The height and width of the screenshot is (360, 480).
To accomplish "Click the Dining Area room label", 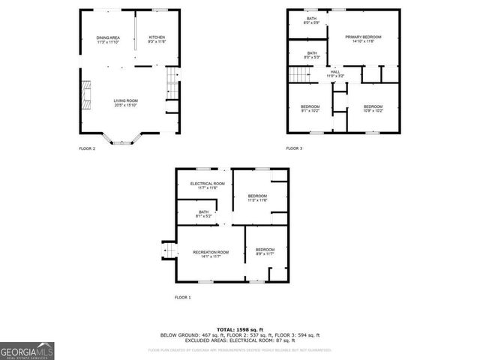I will point(108,40).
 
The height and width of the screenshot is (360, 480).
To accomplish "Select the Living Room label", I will point(125,103).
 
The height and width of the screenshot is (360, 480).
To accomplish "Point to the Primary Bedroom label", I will point(363,39).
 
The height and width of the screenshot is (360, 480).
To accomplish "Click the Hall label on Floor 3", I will point(335,73).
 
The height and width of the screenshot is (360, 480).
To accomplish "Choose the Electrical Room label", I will point(207,186).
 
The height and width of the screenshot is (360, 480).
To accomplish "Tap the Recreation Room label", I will point(210,254).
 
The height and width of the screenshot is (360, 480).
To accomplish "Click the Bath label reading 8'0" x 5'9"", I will point(311,20).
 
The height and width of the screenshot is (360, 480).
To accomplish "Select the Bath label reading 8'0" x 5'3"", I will point(311,55).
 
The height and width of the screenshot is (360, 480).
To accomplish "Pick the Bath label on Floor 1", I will point(204,214).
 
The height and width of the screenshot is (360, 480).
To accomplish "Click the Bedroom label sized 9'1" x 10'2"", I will point(310,109).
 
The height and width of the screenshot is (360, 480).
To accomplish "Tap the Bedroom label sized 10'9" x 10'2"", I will point(373,109).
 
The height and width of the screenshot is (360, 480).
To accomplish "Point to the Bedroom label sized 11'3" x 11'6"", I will point(257,198).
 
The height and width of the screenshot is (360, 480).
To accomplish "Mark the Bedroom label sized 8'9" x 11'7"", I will point(265,252).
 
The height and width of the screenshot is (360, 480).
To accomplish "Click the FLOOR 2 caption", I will point(88,148).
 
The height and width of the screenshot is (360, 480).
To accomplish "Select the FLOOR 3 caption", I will point(294,148).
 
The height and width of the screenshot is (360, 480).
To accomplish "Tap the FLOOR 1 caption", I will point(183,298).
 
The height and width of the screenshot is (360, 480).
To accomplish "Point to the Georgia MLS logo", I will point(27,350).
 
